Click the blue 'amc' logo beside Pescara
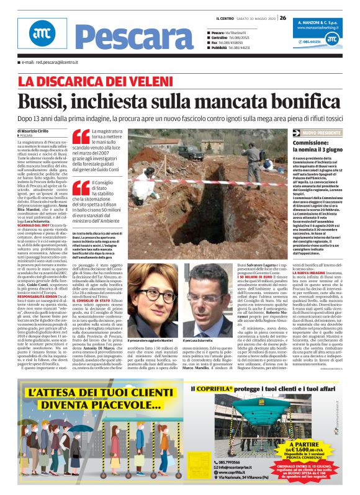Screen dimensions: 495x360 point(42,33)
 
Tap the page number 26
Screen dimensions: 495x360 point(282,17)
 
